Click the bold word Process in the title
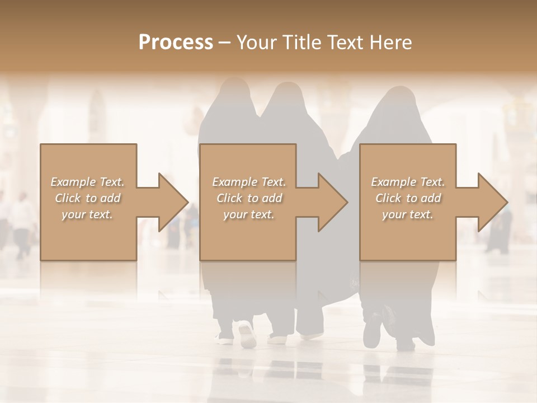coord(176,43)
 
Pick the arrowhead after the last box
coord(492,202)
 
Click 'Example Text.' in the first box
coord(87,182)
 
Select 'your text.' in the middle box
coord(248,214)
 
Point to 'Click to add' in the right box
coord(408,198)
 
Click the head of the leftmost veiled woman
coord(235,93)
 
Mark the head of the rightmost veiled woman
coord(400,101)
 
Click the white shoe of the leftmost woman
coord(247,334)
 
